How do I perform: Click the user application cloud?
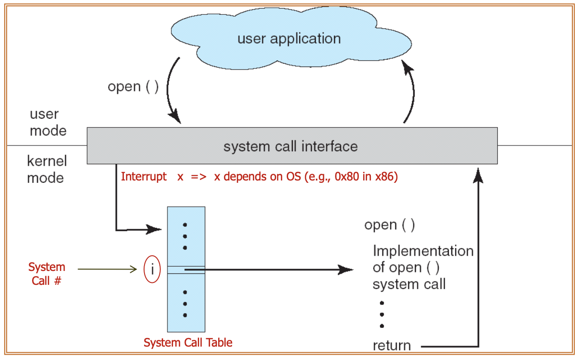click(289, 39)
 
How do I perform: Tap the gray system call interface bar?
click(291, 146)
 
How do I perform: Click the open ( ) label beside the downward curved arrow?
click(133, 87)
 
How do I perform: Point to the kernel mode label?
click(46, 169)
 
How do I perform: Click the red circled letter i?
click(152, 270)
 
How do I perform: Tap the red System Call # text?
click(46, 274)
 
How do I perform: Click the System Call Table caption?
click(188, 343)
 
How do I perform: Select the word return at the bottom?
click(391, 345)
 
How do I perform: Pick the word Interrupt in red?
click(144, 176)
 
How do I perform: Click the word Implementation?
click(423, 251)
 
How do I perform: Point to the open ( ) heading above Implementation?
click(390, 225)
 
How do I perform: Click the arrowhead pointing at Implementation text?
click(346, 270)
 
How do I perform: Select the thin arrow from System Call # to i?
click(108, 270)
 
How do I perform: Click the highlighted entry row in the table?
click(186, 270)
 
